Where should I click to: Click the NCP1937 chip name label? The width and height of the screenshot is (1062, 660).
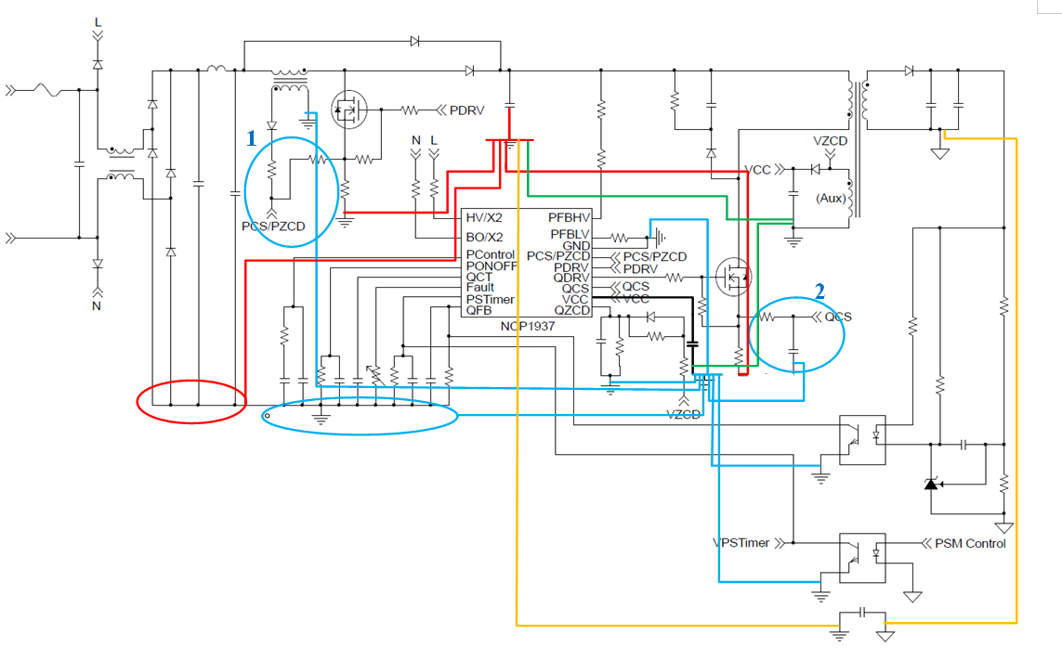[x=525, y=325]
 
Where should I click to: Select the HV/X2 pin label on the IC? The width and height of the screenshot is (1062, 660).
[x=485, y=216]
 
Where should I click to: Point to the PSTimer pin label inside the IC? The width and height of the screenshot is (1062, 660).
[x=490, y=299]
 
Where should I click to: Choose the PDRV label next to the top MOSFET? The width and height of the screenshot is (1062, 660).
[x=467, y=110]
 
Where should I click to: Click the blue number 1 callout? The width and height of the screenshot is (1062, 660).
[x=251, y=139]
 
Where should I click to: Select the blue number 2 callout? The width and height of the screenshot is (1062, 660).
[x=819, y=290]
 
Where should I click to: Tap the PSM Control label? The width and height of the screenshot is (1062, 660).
[x=970, y=543]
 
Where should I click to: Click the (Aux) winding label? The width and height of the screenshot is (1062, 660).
[x=830, y=199]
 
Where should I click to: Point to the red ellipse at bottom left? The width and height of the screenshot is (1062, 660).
[x=190, y=401]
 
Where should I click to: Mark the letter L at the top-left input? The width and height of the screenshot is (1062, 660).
[x=98, y=21]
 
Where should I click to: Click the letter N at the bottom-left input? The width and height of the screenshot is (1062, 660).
[x=97, y=305]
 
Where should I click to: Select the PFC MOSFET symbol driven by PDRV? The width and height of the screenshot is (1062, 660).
[x=348, y=110]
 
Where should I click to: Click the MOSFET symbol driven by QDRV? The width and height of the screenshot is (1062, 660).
[x=733, y=276]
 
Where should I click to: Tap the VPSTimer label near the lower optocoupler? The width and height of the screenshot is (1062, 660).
[x=741, y=543]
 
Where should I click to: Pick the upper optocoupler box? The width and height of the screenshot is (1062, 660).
[x=862, y=439]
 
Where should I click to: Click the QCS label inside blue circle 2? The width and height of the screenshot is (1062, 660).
[x=838, y=317]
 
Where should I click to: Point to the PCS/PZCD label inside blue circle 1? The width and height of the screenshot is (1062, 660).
[x=271, y=226]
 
